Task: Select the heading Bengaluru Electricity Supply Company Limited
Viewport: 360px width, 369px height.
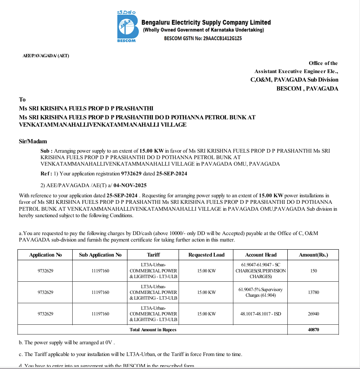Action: (207, 22)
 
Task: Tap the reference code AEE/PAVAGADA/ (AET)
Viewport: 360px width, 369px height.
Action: (46, 56)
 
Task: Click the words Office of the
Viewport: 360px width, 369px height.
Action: (323, 63)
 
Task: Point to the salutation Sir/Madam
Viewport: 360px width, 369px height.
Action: (33, 142)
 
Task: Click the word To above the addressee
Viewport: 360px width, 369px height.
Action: (22, 99)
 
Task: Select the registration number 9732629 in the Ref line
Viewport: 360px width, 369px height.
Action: (130, 174)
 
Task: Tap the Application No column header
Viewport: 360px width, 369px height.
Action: (45, 255)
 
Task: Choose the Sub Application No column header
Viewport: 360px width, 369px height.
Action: (100, 255)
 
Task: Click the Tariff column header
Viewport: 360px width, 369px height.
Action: (153, 255)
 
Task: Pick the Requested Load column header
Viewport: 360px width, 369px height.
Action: (206, 255)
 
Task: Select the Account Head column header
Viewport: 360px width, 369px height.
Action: (261, 255)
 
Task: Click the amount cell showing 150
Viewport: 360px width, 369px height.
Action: (313, 271)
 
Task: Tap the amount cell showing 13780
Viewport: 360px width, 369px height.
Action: (313, 292)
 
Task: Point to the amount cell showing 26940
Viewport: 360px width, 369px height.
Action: (313, 314)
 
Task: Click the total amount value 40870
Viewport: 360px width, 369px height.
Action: (313, 330)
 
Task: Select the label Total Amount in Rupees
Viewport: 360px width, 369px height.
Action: (153, 330)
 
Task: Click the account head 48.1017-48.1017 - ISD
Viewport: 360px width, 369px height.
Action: (261, 314)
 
